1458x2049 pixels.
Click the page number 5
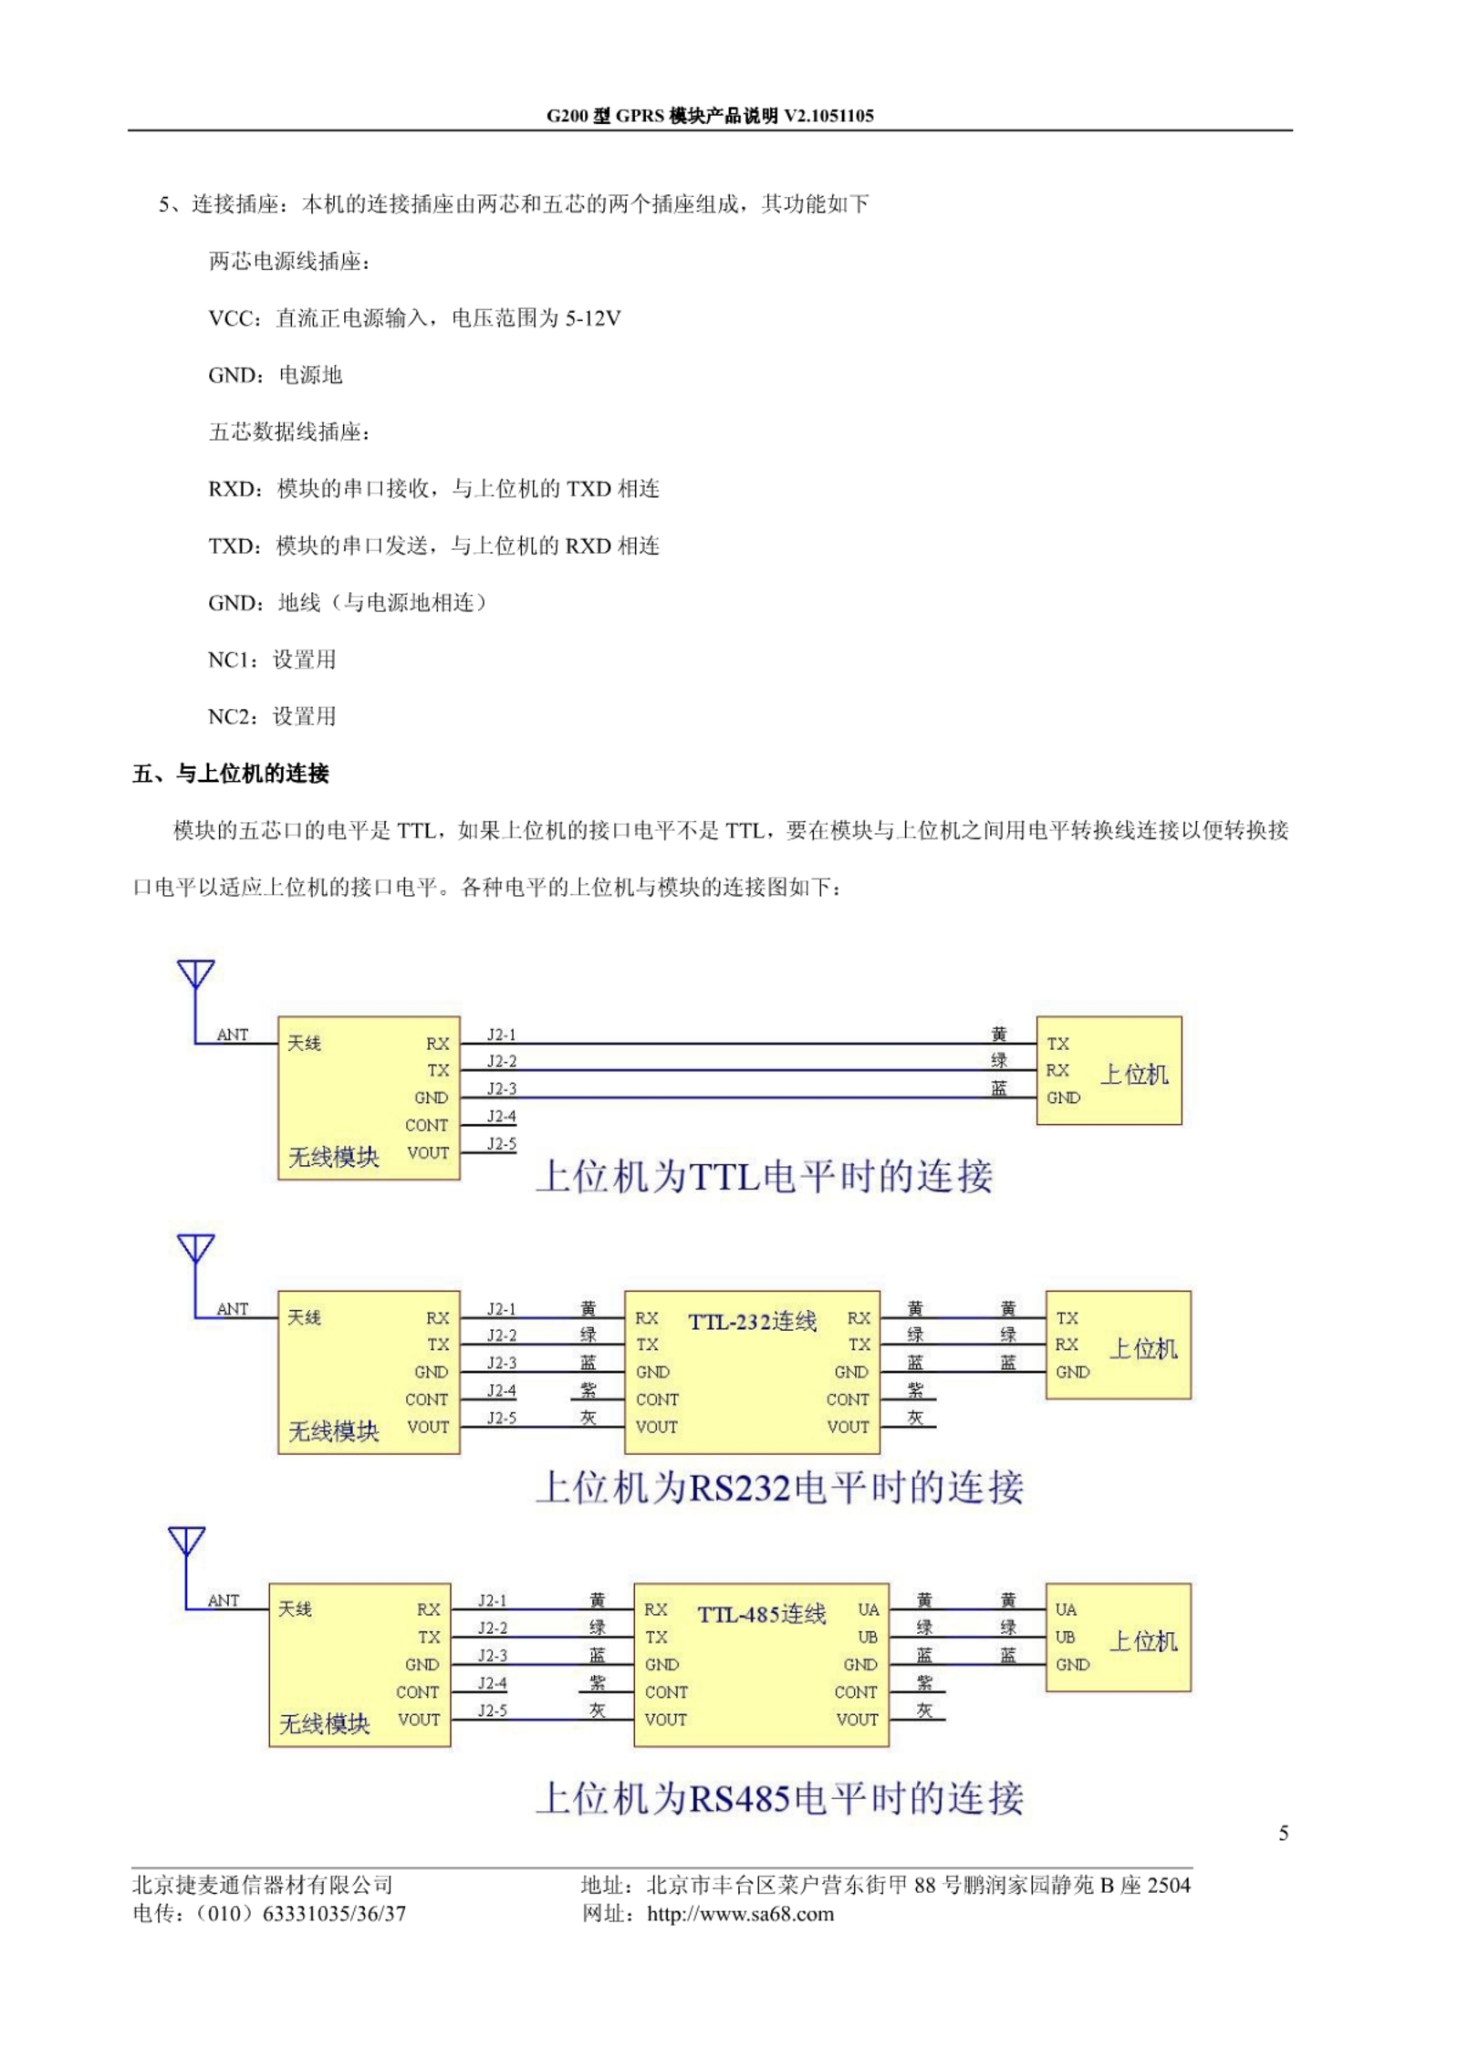1283,1834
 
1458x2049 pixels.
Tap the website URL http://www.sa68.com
740,1914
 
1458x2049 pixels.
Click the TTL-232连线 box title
752,1321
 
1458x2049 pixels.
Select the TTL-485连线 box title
762,1614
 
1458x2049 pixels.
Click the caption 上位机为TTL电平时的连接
764,1176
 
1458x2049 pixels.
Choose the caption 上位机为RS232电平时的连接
779,1487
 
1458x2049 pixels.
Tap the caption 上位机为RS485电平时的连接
779,1798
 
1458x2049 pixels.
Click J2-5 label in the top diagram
501,1144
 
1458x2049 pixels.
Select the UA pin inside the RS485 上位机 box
1066,1609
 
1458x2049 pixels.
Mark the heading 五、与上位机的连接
231,774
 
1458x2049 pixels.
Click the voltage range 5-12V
593,318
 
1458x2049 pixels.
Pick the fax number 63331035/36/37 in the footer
334,1914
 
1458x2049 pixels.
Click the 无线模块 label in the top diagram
333,1157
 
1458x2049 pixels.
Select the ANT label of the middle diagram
232,1308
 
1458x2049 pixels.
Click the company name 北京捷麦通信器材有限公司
263,1885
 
